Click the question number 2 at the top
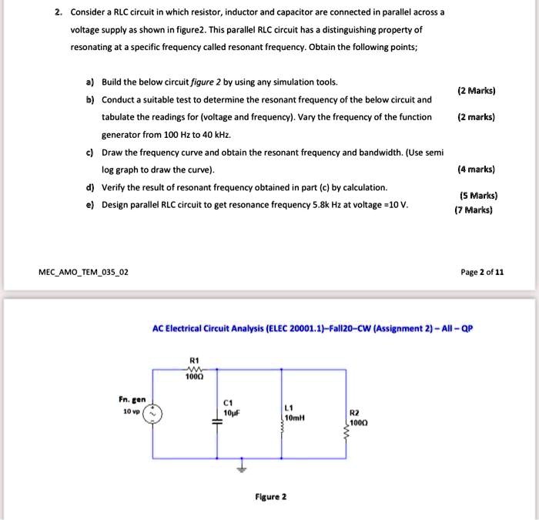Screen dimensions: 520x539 coord(58,13)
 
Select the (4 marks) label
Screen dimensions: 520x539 coord(476,169)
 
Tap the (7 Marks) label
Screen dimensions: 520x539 coord(473,210)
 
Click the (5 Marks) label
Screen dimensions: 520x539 coord(477,196)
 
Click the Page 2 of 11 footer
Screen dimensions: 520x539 coord(484,272)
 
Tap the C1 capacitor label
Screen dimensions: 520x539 coord(227,401)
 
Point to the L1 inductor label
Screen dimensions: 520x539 coord(289,408)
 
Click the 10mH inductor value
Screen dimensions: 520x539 coord(296,418)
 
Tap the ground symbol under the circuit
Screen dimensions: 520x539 coord(243,467)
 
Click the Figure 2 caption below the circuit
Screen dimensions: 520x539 coord(270,497)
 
